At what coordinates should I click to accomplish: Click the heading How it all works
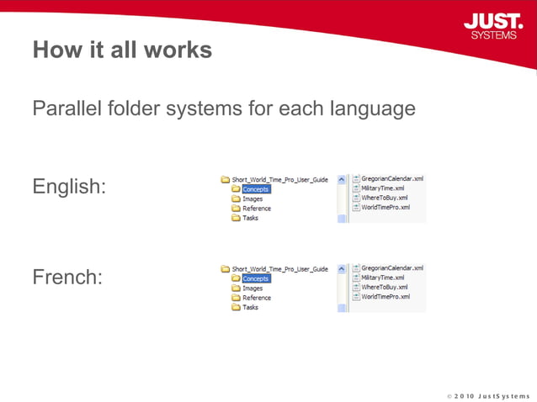coord(122,50)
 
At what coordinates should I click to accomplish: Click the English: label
coord(69,187)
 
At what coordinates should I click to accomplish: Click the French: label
coord(67,276)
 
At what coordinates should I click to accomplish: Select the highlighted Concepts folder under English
coord(255,189)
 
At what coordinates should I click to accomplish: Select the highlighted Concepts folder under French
coord(255,278)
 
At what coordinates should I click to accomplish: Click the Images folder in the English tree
coord(253,199)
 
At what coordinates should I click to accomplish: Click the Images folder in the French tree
coord(253,288)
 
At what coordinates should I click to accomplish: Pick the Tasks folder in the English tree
coord(250,218)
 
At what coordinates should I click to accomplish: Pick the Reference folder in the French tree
coord(257,298)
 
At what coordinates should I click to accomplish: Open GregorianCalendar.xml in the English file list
coord(391,178)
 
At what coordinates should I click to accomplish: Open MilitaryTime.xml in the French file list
coord(382,278)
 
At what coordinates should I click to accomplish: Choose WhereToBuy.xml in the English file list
coord(384,198)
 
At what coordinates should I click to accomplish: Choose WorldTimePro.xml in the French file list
coord(385,296)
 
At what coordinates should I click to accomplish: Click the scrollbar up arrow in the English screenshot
coord(342,179)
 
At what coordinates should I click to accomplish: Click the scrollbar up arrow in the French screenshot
coord(342,268)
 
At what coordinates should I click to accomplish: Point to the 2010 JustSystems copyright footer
coord(488,394)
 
